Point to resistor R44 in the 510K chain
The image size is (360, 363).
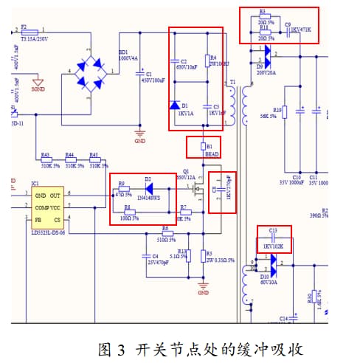coord(70,161)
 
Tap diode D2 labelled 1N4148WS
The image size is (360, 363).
coord(148,184)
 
